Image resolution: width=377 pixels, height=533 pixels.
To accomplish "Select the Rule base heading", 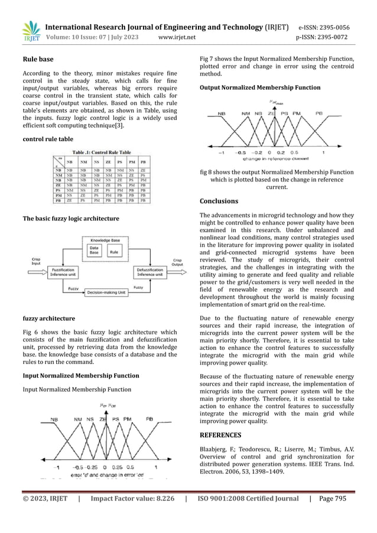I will pyautogui.click(x=38, y=60).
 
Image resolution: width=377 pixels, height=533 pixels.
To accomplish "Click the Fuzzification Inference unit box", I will pyautogui.click(x=61, y=272).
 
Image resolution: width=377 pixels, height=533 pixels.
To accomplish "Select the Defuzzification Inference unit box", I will pyautogui.click(x=154, y=272).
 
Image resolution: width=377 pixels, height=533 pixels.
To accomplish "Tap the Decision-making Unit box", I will pyautogui.click(x=106, y=292).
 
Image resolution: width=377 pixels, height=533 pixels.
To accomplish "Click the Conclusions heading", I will pyautogui.click(x=219, y=201).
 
